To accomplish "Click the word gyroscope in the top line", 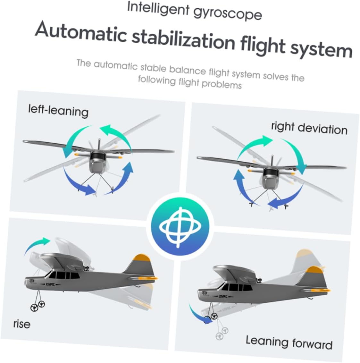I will coord(228,13).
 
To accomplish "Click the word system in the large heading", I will coord(321,50).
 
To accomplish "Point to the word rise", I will coord(22,324).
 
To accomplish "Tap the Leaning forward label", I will coord(289,342).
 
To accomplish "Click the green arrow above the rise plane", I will coord(37,245).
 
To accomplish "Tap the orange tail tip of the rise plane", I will coord(142,258).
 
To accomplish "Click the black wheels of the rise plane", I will coord(38,306).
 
